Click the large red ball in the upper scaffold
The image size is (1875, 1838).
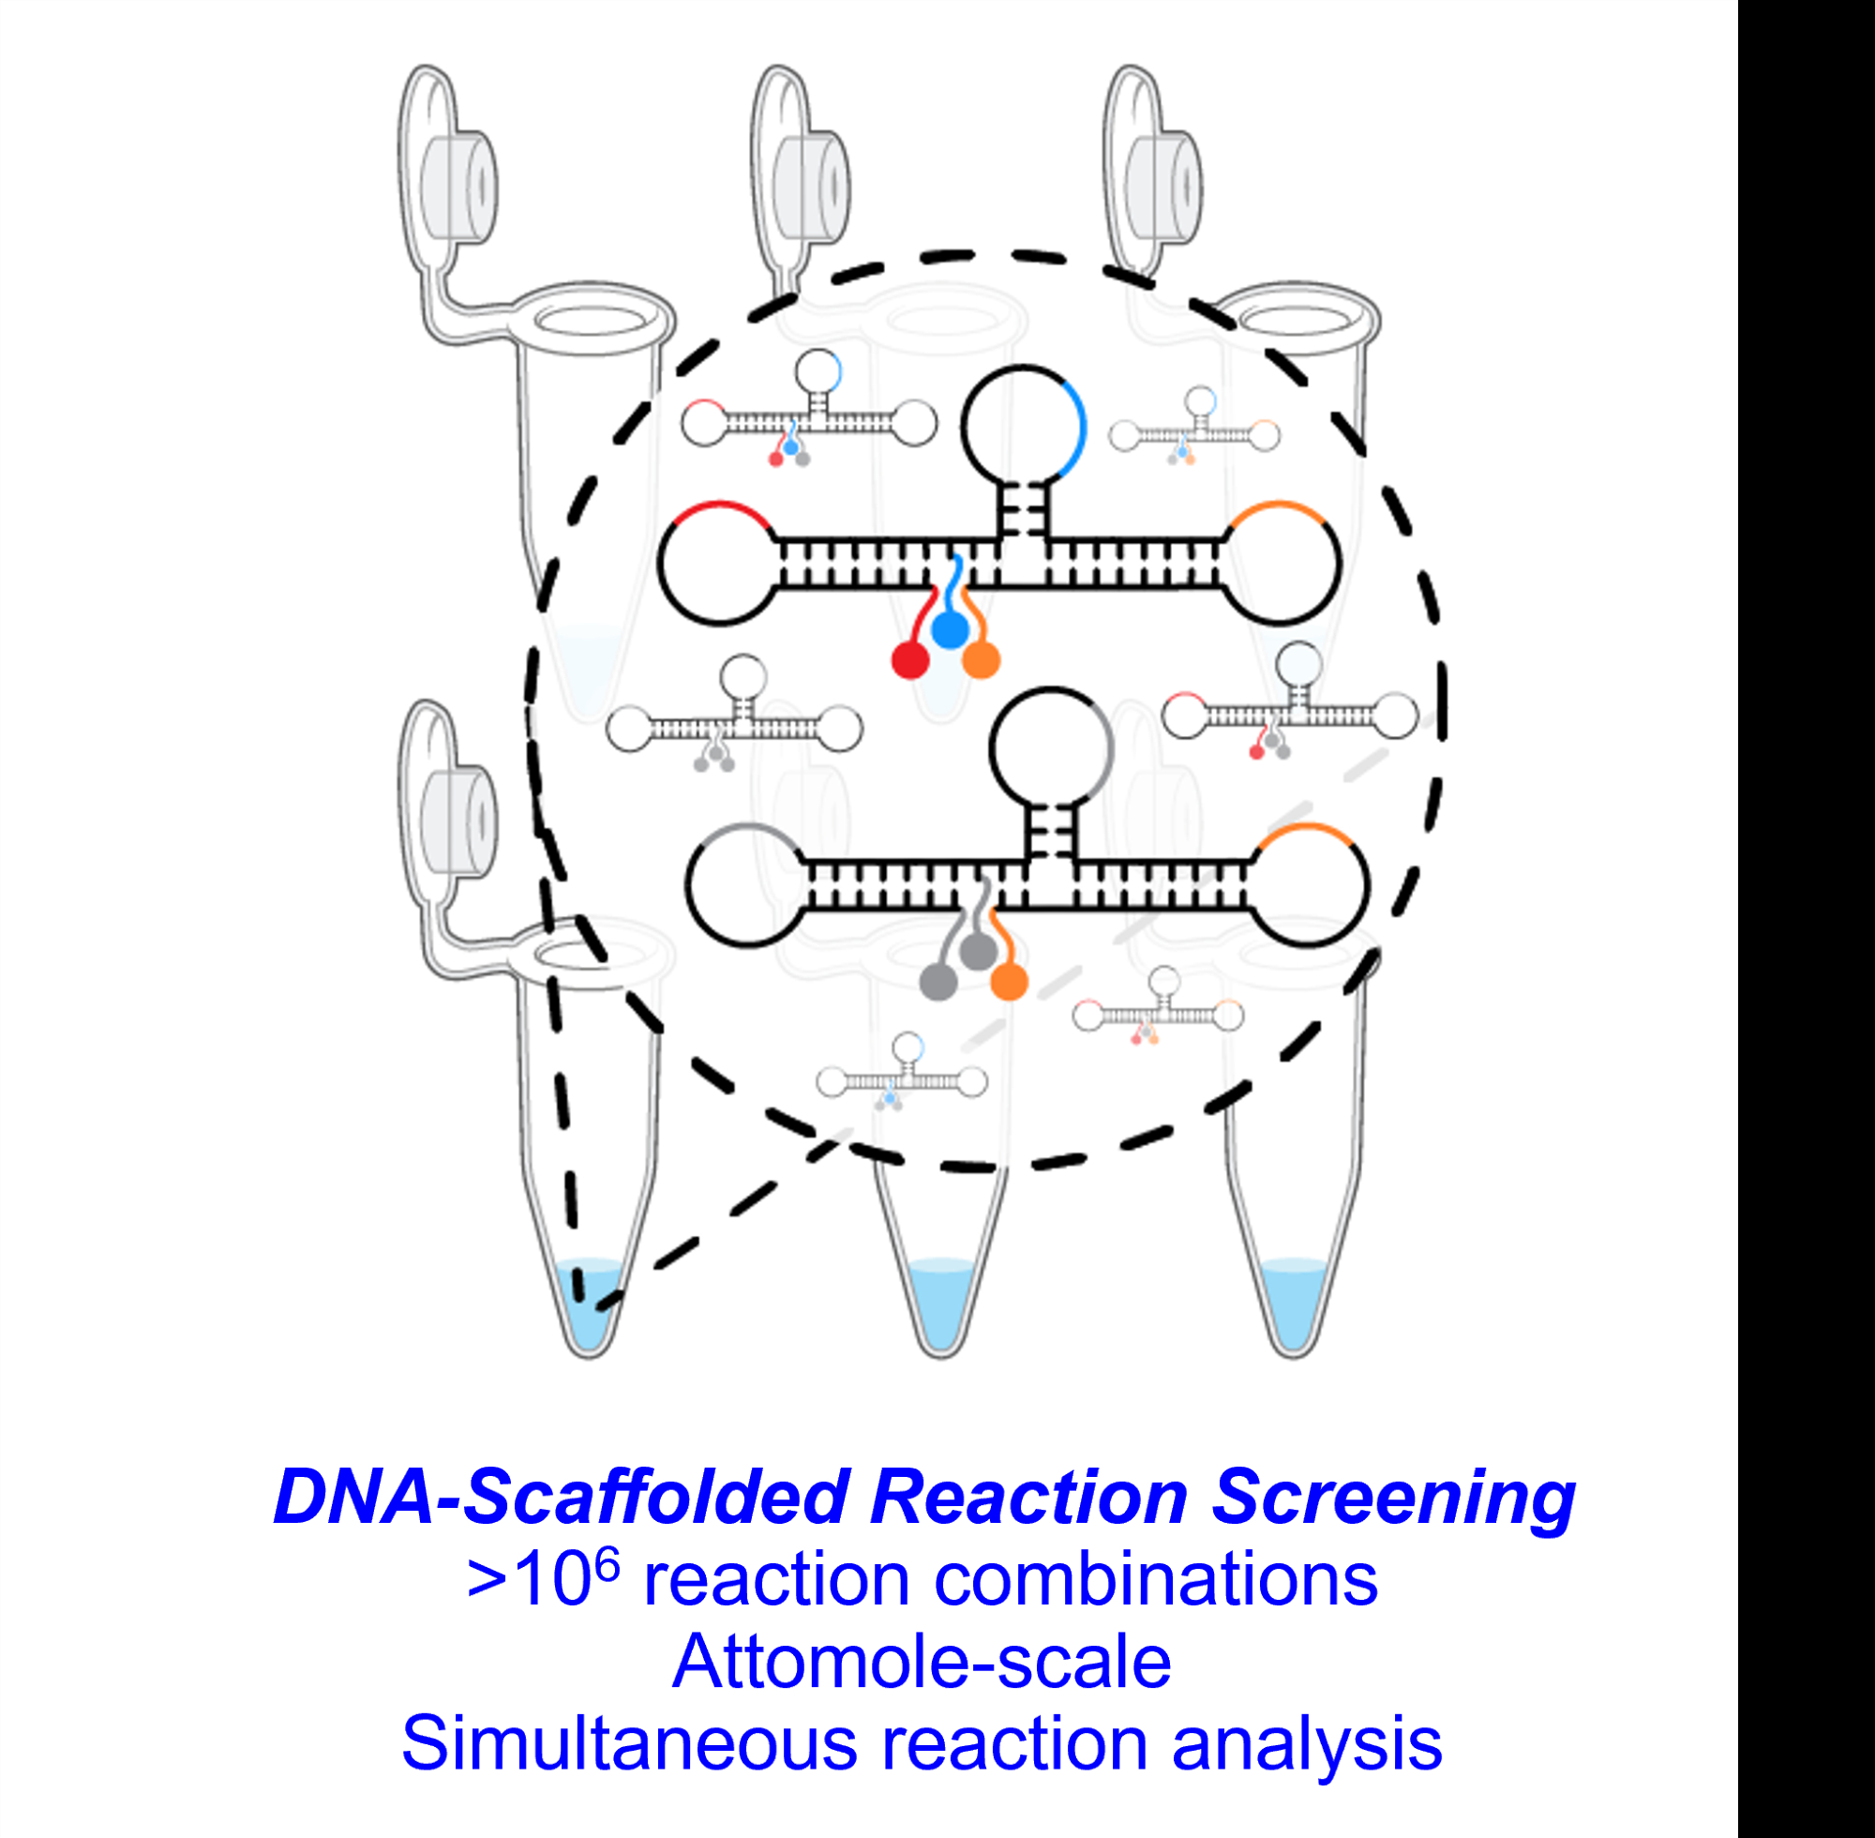tap(910, 661)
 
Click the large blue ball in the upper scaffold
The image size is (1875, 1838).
tap(950, 630)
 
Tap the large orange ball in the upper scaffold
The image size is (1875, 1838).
tap(982, 660)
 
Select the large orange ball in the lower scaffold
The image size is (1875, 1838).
tap(1010, 982)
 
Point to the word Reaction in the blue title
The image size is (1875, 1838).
tap(1028, 1498)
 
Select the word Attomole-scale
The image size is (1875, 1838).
tap(922, 1663)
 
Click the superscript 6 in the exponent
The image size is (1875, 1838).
tap(606, 1566)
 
